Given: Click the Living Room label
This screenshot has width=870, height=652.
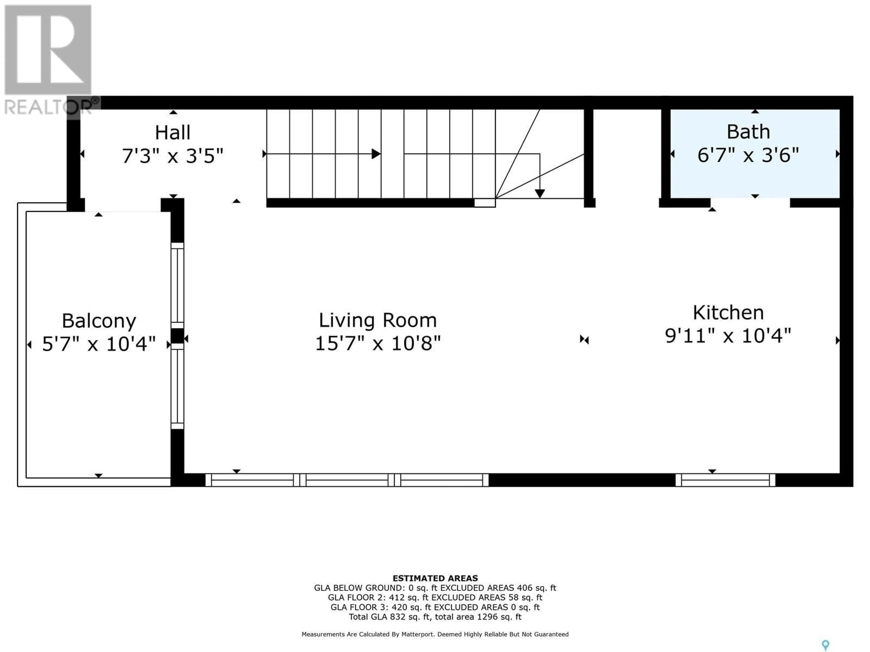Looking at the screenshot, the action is [x=378, y=320].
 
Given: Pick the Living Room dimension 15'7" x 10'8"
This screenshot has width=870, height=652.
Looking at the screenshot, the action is [x=378, y=343].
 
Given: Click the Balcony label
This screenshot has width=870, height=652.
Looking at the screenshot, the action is [x=99, y=321].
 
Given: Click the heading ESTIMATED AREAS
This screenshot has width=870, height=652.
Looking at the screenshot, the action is [x=435, y=578].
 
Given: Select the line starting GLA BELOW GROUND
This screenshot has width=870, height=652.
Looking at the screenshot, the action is [x=435, y=588].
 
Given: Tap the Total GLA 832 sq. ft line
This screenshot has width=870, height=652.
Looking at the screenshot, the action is [x=435, y=617].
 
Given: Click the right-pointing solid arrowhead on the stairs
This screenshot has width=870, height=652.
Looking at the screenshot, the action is [x=376, y=154].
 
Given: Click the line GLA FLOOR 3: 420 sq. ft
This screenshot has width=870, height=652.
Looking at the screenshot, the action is [x=435, y=607].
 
